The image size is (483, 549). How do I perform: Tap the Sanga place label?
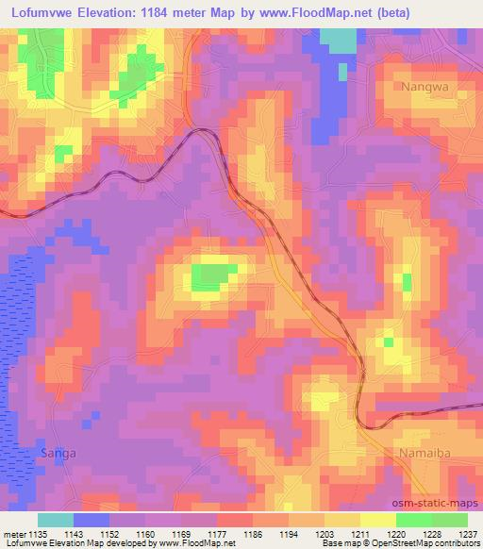click(x=58, y=453)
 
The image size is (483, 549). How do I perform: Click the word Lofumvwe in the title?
click(x=44, y=12)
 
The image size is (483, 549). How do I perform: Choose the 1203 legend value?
click(x=323, y=534)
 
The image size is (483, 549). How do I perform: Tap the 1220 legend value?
click(x=394, y=534)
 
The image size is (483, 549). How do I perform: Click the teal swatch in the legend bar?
click(x=56, y=520)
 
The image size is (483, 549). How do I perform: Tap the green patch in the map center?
click(x=213, y=276)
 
